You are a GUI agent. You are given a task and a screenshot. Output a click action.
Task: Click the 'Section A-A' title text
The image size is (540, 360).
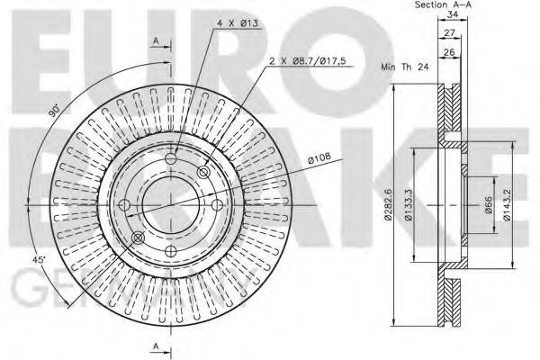click(x=443, y=4)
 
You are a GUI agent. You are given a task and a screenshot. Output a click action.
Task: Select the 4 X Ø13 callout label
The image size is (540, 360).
click(x=238, y=23)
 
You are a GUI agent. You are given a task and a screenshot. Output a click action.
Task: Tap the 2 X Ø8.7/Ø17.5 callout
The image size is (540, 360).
click(x=307, y=61)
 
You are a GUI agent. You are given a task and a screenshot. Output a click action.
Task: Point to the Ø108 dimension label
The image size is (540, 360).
click(x=319, y=157)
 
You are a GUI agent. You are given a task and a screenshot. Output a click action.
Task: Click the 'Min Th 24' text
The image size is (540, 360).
click(x=405, y=67)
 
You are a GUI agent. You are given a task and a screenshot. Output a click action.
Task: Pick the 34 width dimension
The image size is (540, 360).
click(x=452, y=14)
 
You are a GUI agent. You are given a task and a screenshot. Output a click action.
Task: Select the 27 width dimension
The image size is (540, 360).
click(x=449, y=33)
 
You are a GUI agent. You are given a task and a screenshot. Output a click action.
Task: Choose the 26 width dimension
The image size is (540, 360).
click(x=449, y=52)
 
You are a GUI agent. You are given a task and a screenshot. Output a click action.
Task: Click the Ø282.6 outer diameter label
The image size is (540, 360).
click(x=388, y=205)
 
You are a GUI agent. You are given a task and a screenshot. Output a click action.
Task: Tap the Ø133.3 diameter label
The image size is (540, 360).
click(x=408, y=205)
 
